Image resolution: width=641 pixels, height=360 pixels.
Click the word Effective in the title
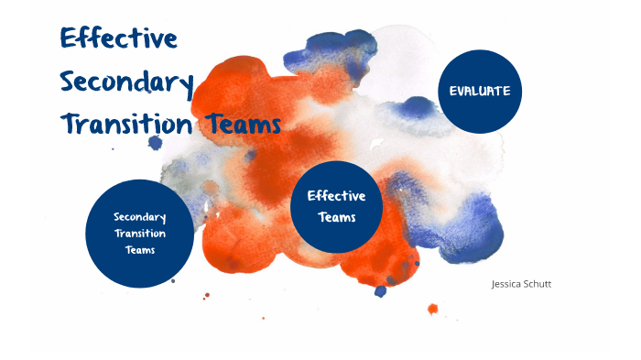118,39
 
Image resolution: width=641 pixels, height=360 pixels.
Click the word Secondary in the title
126,83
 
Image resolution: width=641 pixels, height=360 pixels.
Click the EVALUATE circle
480,92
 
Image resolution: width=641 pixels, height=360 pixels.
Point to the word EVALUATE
480,92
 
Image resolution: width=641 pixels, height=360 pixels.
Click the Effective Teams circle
335,207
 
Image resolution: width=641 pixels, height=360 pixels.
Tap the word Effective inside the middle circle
336,196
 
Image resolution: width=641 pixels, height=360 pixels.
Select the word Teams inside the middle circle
336,218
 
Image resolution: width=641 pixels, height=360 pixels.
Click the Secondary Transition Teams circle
139,233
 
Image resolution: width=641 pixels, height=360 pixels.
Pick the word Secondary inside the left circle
139,217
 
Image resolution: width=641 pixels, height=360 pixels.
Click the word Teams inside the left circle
139,248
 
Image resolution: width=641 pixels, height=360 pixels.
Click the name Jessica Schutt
521,284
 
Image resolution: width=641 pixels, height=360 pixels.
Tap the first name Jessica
505,284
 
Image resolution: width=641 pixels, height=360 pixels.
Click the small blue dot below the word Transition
155,143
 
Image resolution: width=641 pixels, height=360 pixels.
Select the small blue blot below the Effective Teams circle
380,291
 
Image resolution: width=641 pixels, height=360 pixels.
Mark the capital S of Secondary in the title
70,82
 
